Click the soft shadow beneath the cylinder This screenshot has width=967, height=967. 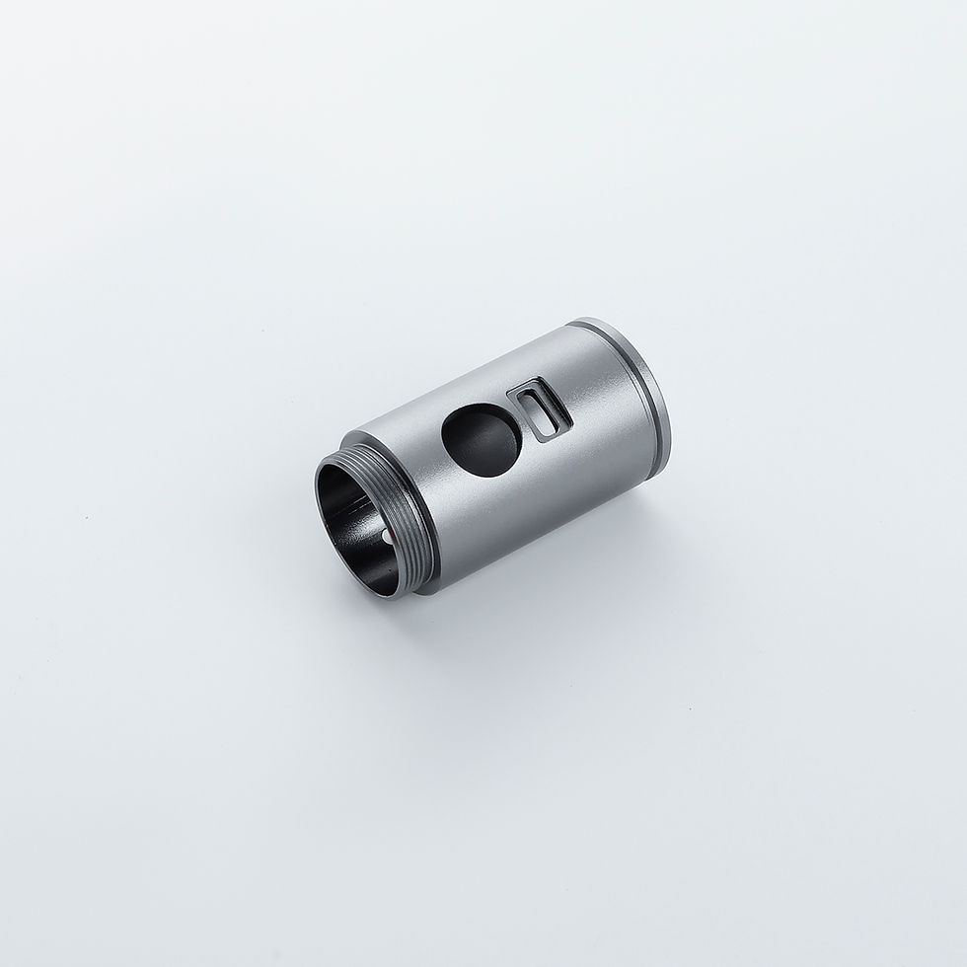[x=553, y=582]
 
